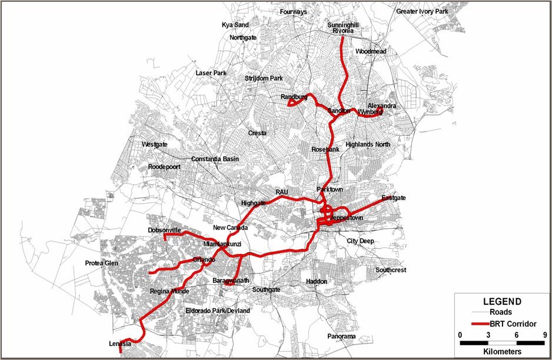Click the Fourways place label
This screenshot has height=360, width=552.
tap(294, 11)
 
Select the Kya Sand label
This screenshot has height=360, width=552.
tap(235, 25)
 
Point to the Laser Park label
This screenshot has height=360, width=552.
tap(211, 73)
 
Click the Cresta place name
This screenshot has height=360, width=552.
tap(257, 133)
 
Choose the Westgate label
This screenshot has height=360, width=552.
tap(155, 144)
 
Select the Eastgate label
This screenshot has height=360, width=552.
tap(394, 198)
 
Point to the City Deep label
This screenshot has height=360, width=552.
tap(360, 241)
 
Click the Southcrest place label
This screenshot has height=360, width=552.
tap(391, 270)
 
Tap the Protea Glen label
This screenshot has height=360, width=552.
tap(101, 263)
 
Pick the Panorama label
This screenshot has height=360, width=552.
tap(342, 336)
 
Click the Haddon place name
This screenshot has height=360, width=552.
tap(317, 282)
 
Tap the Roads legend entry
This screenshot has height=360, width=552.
tap(500, 312)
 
